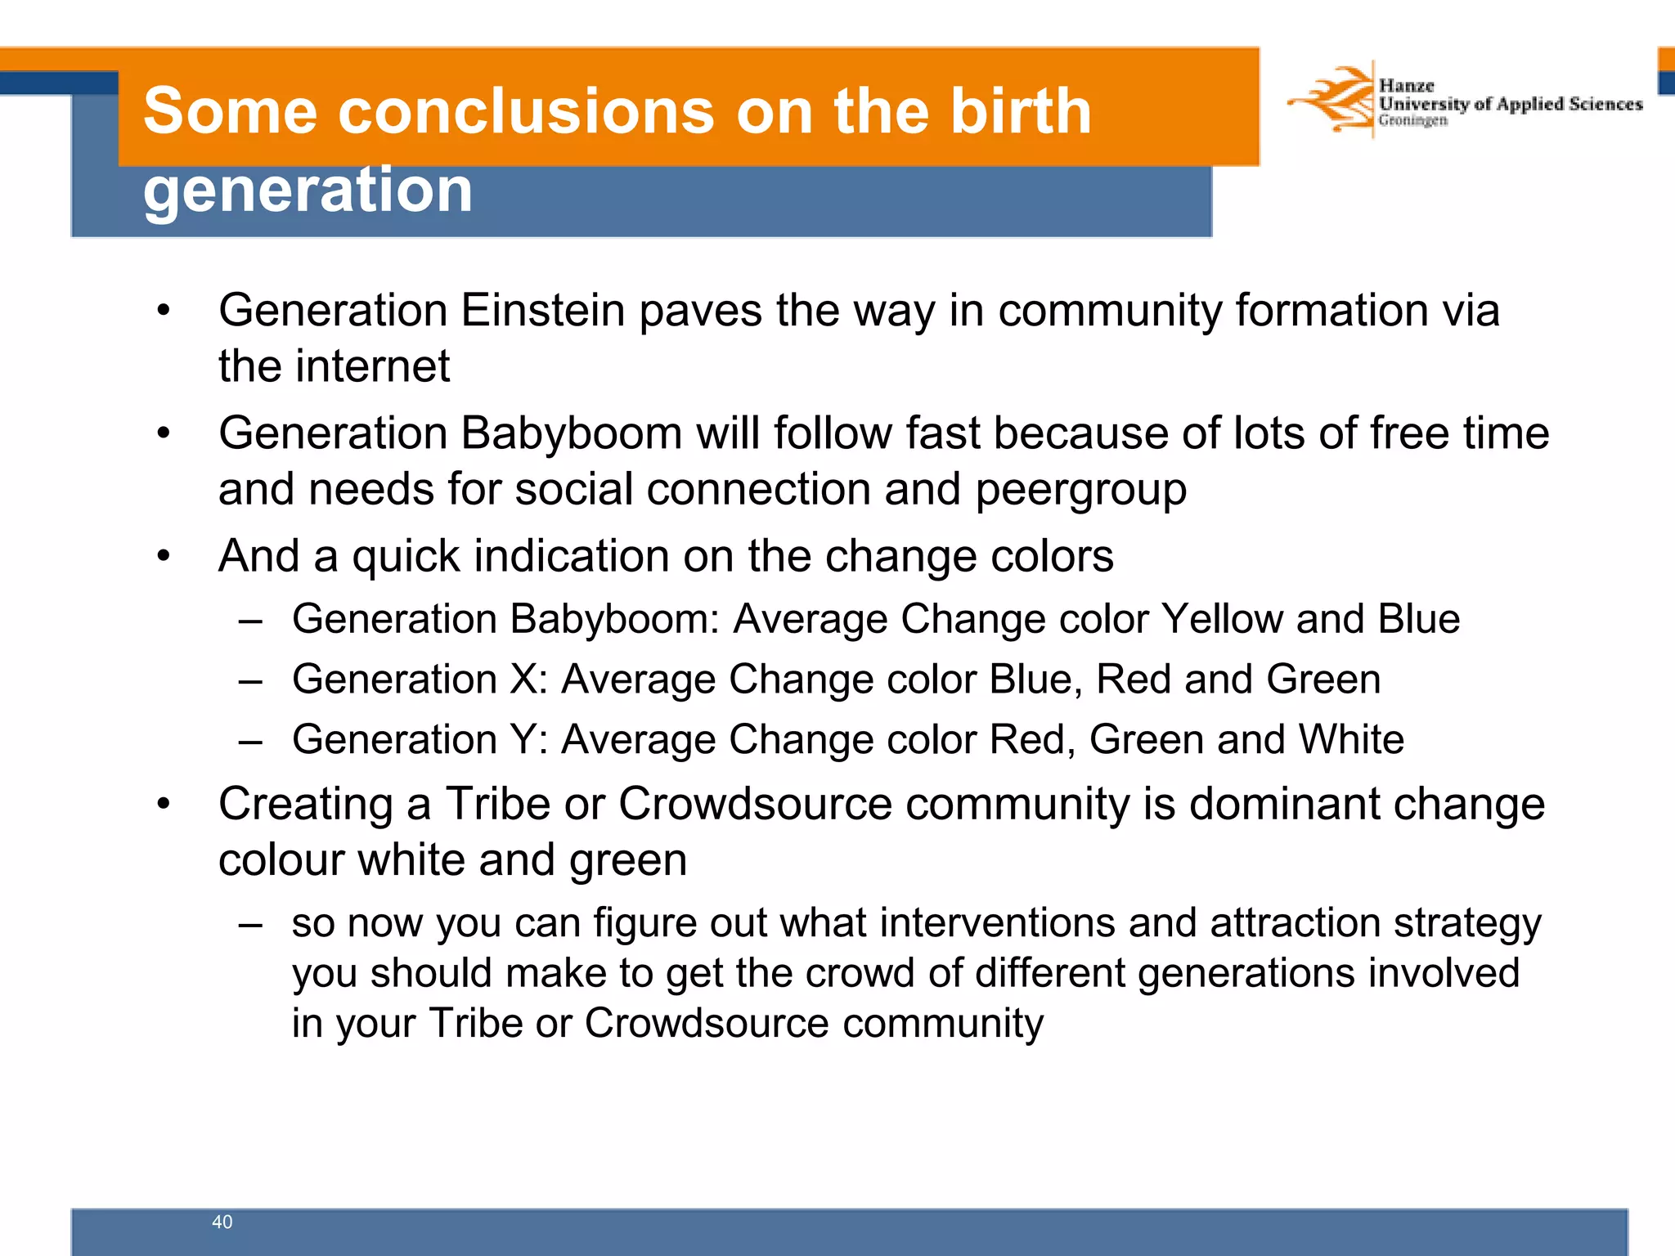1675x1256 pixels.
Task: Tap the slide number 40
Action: click(222, 1222)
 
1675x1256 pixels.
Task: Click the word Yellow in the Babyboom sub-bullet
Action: click(1222, 619)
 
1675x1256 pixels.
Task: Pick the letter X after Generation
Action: click(523, 680)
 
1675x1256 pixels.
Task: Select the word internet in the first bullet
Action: click(372, 366)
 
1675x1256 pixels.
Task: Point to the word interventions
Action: click(997, 923)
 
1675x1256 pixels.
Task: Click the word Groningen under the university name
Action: click(1412, 121)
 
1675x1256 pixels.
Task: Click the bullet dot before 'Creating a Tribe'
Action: click(164, 805)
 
